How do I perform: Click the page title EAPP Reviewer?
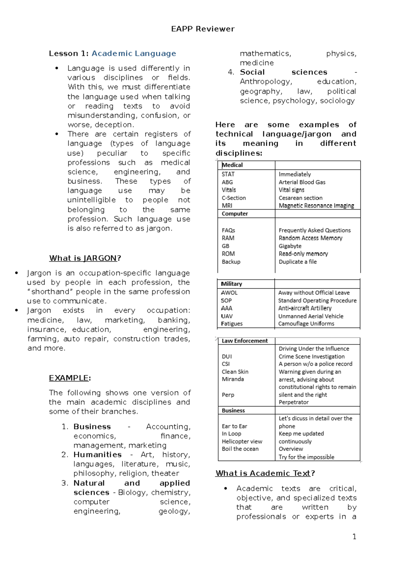203,29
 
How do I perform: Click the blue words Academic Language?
134,53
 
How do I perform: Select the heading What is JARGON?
85,258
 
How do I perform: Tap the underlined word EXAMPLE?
69,378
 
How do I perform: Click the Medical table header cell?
232,165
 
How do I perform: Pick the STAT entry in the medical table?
228,174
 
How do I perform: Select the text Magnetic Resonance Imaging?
316,206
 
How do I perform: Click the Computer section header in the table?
235,214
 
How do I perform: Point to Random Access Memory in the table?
310,238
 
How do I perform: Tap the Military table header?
231,284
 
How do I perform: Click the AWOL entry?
229,293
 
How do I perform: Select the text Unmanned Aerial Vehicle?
311,316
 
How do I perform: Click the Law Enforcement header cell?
245,341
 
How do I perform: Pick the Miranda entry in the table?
233,379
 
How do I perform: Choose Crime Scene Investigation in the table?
311,357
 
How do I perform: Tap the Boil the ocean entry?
240,449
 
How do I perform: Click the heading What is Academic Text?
265,473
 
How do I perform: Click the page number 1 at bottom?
354,537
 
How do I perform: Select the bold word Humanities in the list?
97,455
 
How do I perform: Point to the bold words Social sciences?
284,72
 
